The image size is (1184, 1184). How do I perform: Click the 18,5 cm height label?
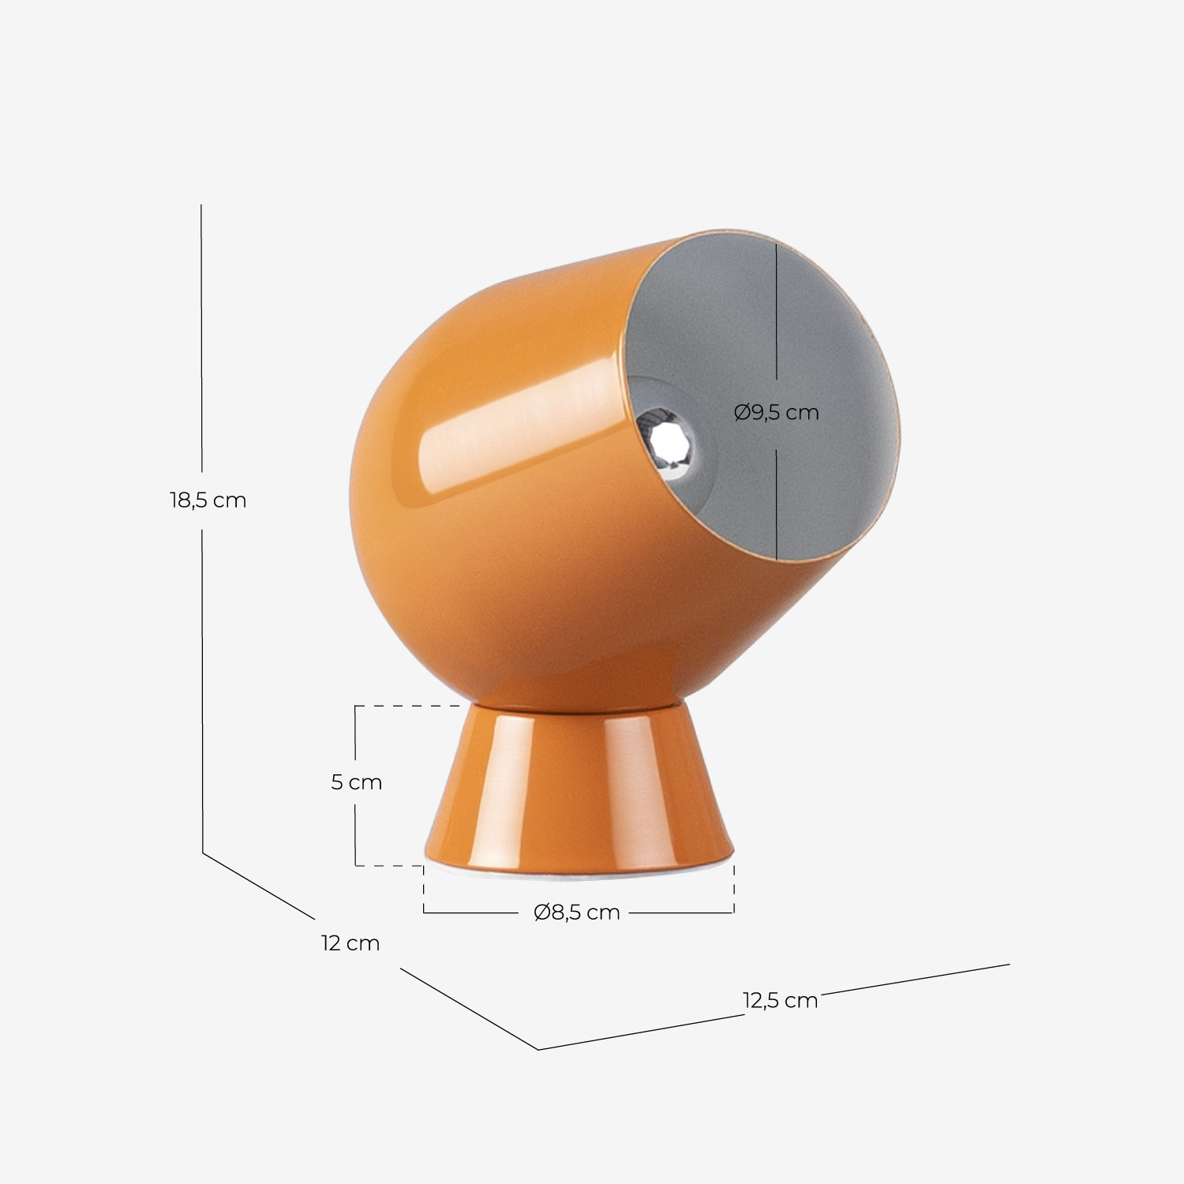point(208,500)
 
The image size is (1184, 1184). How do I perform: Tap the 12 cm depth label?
point(350,943)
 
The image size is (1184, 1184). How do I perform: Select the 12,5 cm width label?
point(780,1000)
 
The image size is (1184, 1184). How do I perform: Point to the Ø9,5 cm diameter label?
point(777,412)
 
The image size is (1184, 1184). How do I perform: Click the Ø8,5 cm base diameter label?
point(577,912)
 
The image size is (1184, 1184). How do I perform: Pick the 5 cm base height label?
point(356,782)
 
